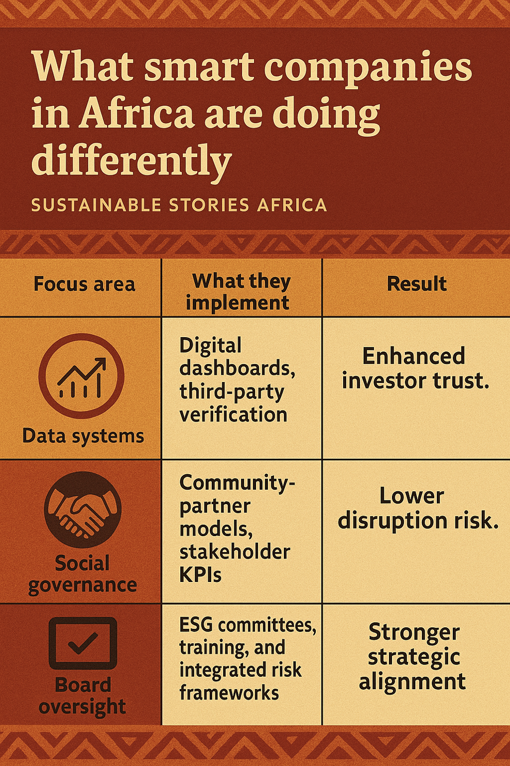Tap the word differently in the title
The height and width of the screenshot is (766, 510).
click(131, 159)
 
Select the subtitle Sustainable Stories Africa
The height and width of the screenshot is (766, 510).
click(179, 205)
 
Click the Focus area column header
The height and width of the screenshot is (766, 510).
click(84, 284)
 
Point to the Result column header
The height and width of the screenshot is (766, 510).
click(416, 284)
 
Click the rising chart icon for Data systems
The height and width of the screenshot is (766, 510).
click(81, 376)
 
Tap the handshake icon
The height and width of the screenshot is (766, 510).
click(82, 509)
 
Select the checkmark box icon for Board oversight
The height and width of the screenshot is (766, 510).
click(82, 643)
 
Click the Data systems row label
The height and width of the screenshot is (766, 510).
click(83, 436)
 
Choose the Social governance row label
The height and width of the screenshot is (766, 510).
click(82, 574)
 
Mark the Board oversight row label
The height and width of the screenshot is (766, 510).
click(82, 696)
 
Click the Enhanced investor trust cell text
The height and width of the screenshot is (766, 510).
click(415, 368)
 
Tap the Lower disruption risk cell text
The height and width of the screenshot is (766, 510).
click(417, 508)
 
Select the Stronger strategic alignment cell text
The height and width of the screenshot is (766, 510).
click(413, 656)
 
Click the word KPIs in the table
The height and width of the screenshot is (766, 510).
click(200, 575)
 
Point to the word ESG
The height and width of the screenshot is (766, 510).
click(196, 625)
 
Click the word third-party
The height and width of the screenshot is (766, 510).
click(231, 392)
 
